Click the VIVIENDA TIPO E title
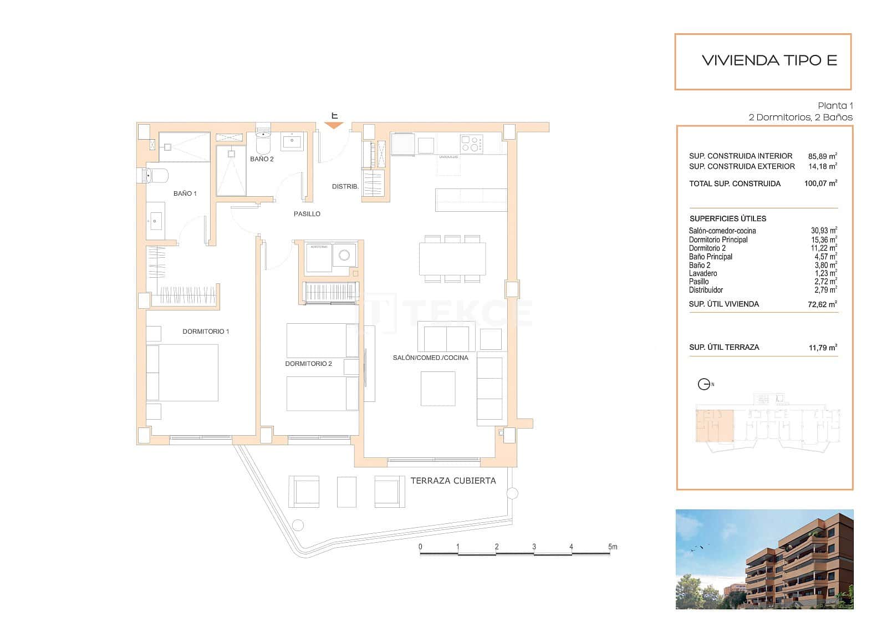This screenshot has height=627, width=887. (769, 60)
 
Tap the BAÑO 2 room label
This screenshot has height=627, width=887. (262, 159)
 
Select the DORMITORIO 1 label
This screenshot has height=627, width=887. (206, 332)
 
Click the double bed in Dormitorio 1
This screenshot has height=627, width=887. (183, 373)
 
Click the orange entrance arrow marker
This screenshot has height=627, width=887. (334, 125)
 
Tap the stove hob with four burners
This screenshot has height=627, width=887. (471, 144)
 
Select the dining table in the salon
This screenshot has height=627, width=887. (452, 259)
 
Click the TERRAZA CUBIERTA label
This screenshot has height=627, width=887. (453, 481)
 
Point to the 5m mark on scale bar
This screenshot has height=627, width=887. (612, 547)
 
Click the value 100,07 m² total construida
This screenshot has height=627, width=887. (820, 183)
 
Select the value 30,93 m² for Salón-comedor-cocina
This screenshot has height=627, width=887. (824, 231)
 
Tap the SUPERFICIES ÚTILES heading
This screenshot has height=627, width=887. (727, 218)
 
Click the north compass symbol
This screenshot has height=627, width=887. (704, 384)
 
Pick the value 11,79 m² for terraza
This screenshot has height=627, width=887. (823, 348)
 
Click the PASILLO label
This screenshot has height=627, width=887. (307, 214)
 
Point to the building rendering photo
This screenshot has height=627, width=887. (764, 559)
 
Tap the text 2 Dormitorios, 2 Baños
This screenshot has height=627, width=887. (800, 118)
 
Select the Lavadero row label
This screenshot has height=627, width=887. (702, 273)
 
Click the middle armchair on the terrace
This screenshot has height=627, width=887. (346, 492)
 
